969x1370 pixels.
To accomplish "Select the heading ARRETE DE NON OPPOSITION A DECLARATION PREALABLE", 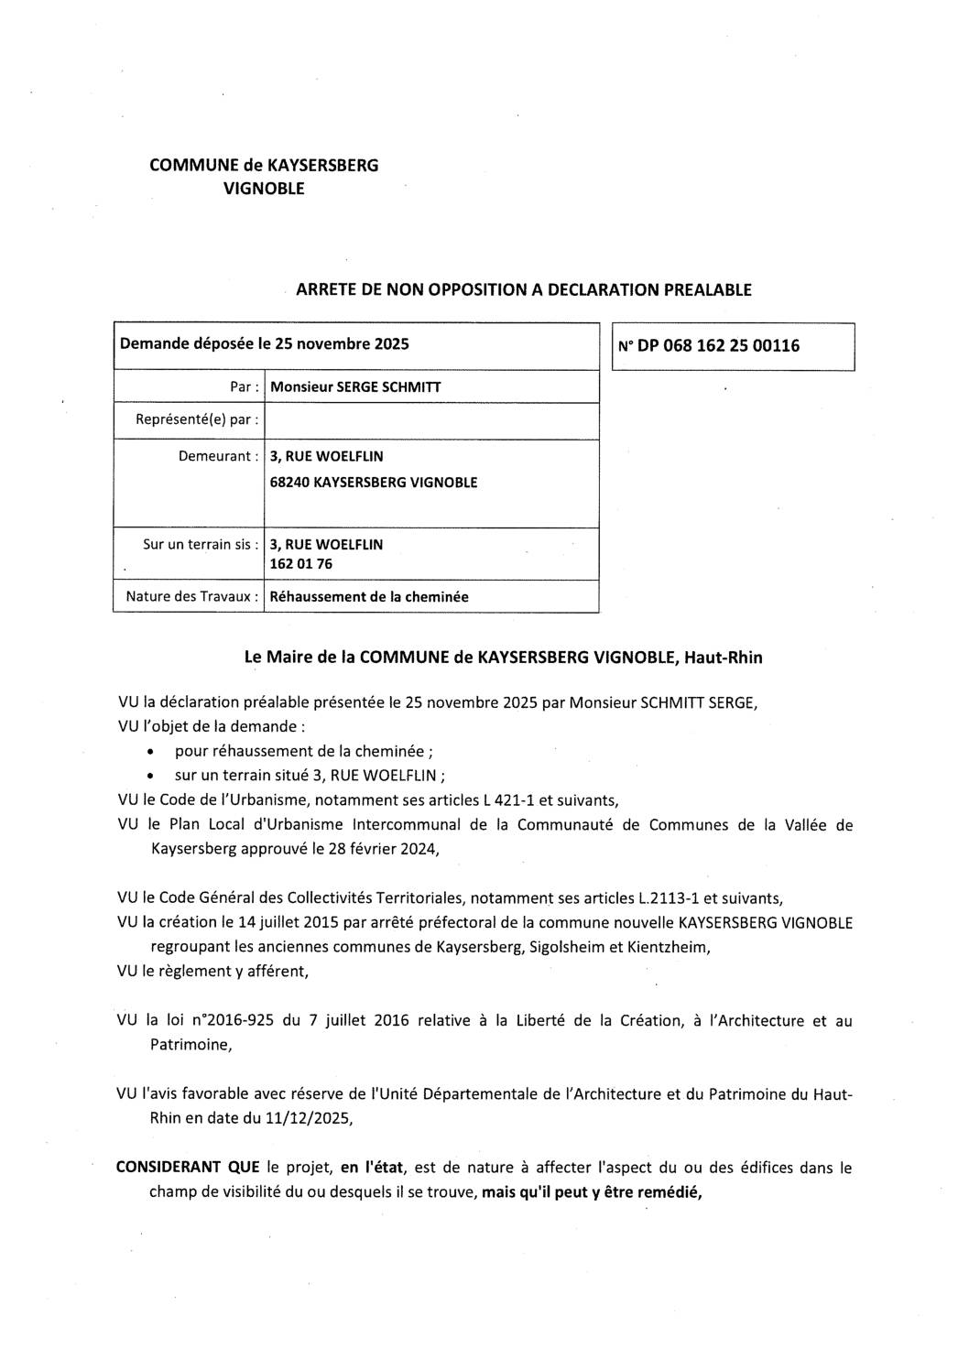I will (524, 290).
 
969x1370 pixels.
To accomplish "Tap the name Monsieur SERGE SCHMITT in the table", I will (355, 387).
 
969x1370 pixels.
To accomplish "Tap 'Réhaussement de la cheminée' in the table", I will (369, 597).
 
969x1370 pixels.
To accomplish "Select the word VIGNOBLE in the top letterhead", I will (267, 190).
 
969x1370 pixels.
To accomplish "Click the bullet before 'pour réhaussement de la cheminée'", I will (149, 753).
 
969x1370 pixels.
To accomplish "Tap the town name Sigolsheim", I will (566, 948).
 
